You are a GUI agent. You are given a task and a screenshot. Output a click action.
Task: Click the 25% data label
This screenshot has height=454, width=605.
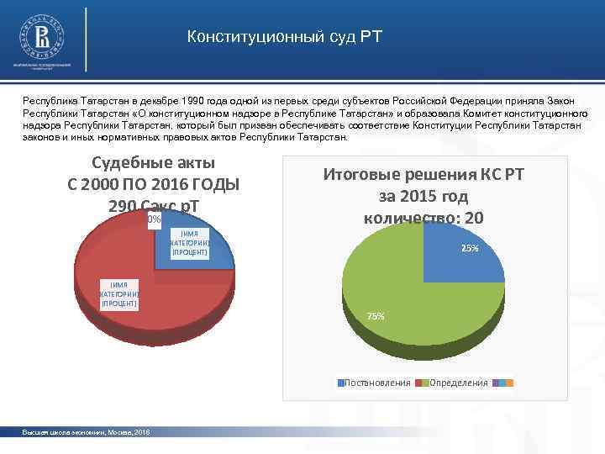tap(471, 248)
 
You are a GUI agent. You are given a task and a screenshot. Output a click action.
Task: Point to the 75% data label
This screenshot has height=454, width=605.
tap(376, 316)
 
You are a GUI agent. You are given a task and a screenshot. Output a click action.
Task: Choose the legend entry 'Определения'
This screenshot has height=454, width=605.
tap(458, 383)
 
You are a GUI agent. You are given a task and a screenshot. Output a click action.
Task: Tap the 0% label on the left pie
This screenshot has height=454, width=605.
tap(154, 220)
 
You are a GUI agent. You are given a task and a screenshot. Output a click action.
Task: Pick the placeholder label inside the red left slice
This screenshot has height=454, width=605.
tap(118, 294)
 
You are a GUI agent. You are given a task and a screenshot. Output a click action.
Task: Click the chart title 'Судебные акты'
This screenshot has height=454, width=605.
tap(152, 162)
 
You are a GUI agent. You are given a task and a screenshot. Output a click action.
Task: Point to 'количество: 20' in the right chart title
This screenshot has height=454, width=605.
tap(423, 218)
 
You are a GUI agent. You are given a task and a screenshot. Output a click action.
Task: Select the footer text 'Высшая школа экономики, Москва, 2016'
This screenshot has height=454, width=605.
tap(86, 431)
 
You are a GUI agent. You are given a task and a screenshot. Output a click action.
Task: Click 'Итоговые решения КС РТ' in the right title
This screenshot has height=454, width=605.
tap(423, 176)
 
